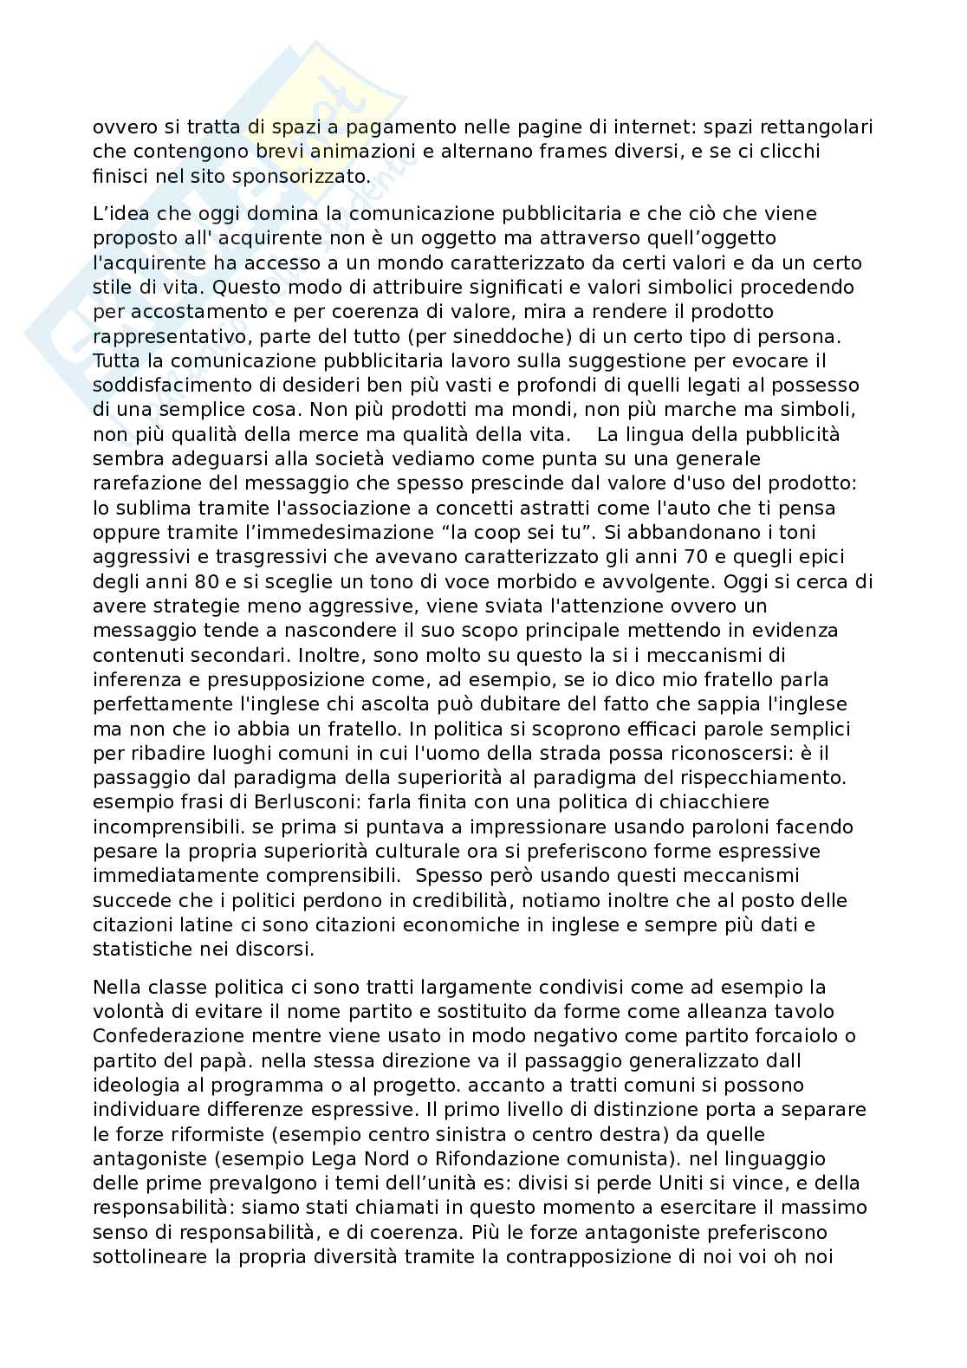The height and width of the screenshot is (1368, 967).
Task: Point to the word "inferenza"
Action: (132, 678)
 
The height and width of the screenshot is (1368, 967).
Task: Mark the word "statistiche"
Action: (139, 949)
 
